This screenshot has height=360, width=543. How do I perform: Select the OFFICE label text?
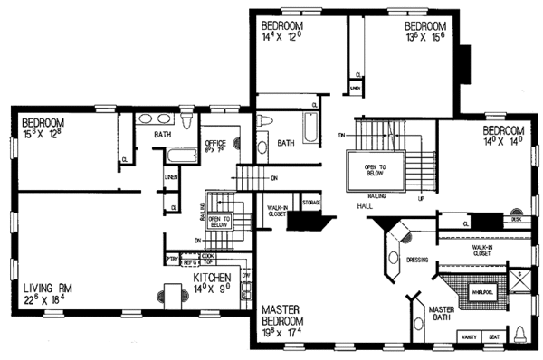(x=214, y=142)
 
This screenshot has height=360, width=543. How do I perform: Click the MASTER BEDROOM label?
(x=288, y=314)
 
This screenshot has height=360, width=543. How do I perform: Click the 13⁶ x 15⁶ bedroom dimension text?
(x=424, y=38)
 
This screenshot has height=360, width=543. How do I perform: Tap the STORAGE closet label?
(x=312, y=203)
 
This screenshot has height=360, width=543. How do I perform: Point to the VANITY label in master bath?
(x=470, y=336)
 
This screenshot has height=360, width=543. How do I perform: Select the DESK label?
(x=516, y=218)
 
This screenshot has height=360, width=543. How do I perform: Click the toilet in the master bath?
(x=521, y=335)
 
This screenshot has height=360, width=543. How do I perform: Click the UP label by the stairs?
(x=420, y=199)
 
